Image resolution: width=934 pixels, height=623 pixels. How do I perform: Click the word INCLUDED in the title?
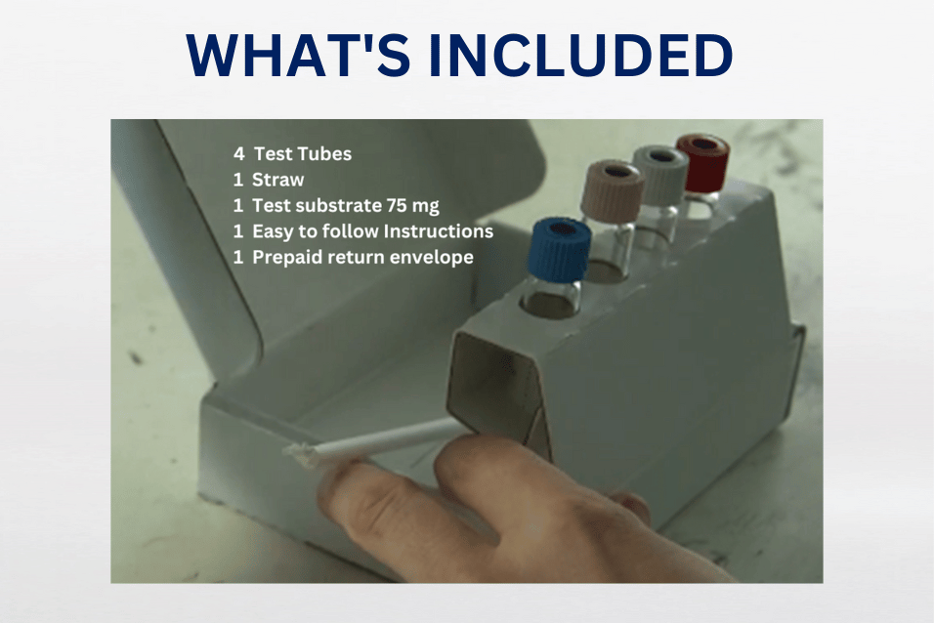(x=581, y=56)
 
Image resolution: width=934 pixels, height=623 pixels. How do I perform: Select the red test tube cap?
(x=702, y=162)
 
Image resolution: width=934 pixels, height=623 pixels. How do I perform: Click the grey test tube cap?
(x=660, y=174)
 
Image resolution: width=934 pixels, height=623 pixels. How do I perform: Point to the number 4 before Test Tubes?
(x=238, y=154)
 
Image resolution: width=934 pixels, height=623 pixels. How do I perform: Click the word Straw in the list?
(x=278, y=180)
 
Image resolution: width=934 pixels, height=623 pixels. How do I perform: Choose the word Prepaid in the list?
(x=284, y=258)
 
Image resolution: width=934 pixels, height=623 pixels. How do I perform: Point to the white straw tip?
(x=297, y=450)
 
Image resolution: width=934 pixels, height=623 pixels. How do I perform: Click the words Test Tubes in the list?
(x=302, y=154)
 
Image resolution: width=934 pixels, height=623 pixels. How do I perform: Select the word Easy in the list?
(x=273, y=231)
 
